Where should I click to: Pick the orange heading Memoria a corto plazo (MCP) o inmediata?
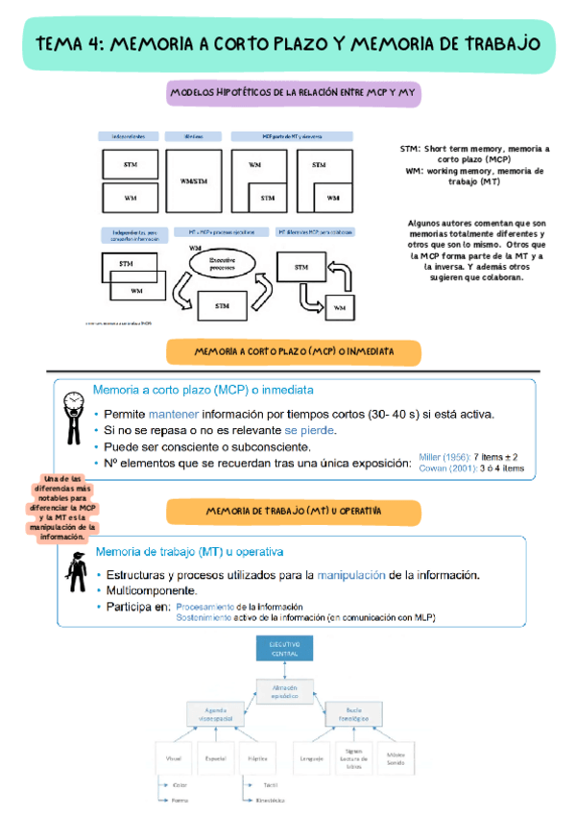point(294,352)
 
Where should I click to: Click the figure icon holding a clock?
point(72,416)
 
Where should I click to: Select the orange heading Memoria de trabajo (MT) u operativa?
point(294,512)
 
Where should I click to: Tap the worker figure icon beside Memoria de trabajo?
point(73,574)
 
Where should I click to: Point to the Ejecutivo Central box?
point(284,648)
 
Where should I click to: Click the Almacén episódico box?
point(284,692)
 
